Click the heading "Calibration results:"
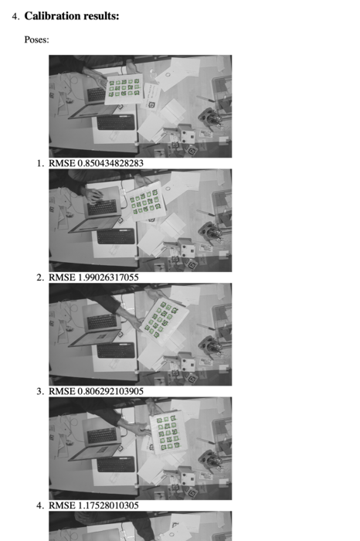72,16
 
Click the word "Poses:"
36,39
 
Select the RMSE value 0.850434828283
110,163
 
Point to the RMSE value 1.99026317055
108,277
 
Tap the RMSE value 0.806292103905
110,391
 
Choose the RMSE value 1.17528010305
108,505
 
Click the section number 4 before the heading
15,16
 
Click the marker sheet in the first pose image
124,89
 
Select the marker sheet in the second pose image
145,202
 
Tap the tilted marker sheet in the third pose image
164,319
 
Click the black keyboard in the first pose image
116,122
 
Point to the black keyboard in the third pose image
116,350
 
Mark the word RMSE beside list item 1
62,163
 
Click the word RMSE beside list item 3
62,391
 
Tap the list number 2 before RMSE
39,277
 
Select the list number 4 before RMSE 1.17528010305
39,505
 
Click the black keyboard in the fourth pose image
116,464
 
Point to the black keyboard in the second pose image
116,236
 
